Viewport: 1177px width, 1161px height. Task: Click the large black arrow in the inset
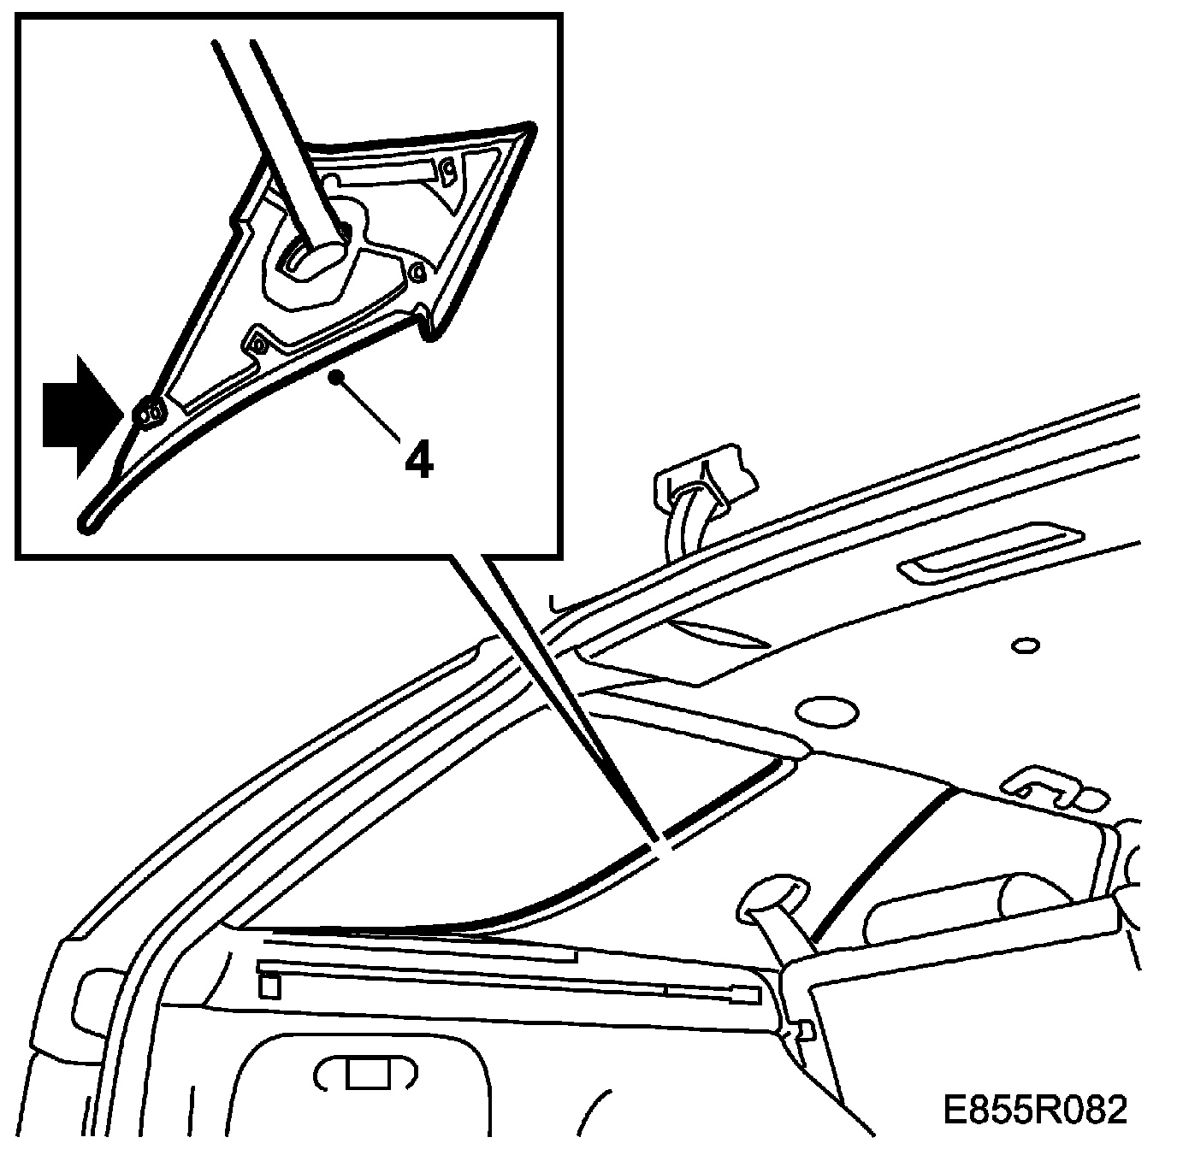pyautogui.click(x=75, y=416)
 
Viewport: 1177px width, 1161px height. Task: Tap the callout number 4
pyautogui.click(x=418, y=461)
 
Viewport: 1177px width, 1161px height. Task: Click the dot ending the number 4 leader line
pyautogui.click(x=340, y=374)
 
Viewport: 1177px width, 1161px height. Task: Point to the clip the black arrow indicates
pyautogui.click(x=152, y=413)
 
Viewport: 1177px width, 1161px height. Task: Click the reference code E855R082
pyautogui.click(x=1034, y=1111)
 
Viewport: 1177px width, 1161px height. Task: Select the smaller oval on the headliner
pyautogui.click(x=1025, y=645)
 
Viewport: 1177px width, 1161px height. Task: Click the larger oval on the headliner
pyautogui.click(x=826, y=710)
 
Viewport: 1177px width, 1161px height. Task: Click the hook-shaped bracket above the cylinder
pyautogui.click(x=1044, y=786)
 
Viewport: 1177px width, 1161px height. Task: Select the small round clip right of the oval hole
pyautogui.click(x=417, y=272)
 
